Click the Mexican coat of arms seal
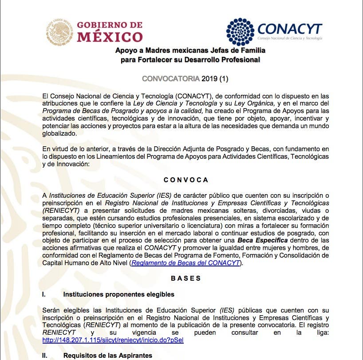[59, 32]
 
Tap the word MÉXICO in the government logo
[110, 36]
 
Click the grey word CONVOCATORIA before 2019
[170, 78]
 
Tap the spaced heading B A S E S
[186, 278]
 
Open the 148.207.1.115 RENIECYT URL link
[113, 340]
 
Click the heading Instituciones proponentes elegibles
[119, 294]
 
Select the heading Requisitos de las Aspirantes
[108, 355]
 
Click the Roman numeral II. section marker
[44, 355]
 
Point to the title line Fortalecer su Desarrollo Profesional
[190, 59]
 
